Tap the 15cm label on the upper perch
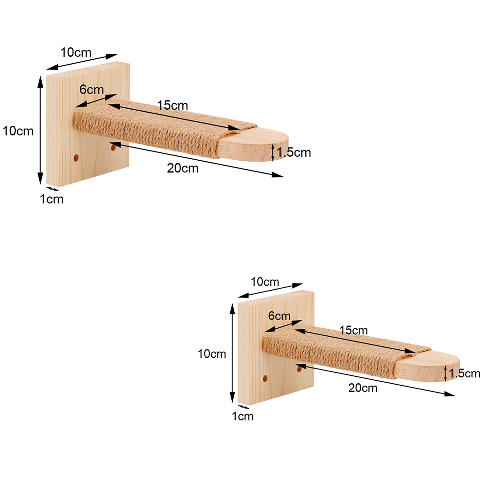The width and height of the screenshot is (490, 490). coord(172,104)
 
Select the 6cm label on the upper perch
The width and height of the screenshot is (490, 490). coord(92,90)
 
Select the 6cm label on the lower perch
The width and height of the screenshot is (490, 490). coord(279,316)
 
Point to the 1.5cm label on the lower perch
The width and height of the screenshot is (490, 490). coord(465,373)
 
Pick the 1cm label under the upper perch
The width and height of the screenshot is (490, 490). coord(51,199)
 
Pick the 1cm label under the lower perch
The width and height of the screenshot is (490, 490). coord(242,416)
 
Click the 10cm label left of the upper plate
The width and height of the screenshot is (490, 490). coord(18,131)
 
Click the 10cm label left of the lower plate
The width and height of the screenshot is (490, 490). coord(212,354)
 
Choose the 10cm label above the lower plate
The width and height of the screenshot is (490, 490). coord(265,282)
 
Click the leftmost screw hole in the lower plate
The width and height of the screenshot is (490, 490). coord(265,379)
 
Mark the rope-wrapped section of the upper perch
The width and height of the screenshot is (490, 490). coord(157,130)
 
